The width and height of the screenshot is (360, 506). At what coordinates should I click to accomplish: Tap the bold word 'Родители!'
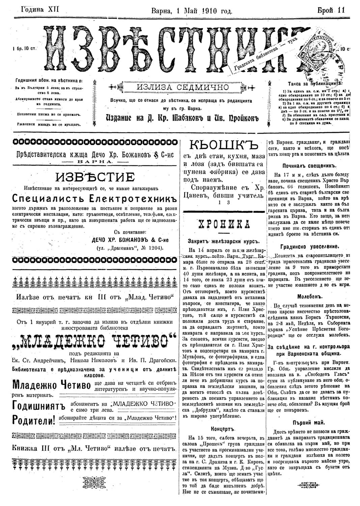[x=34, y=420]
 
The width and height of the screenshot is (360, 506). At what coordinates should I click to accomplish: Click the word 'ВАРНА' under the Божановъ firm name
[x=95, y=162]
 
